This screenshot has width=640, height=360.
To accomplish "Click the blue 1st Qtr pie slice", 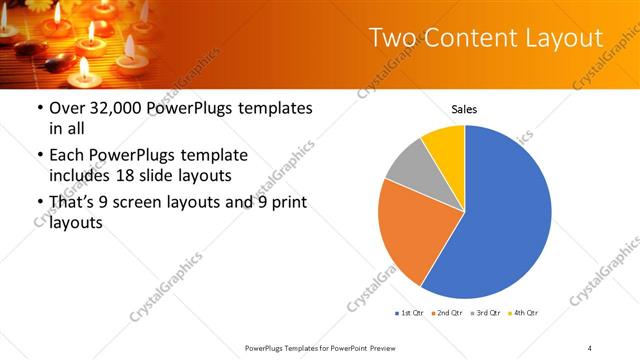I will pos(500,220).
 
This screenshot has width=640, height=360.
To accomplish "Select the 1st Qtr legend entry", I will pos(409,313).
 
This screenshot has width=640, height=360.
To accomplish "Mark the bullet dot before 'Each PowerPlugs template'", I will pos(39,156).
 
